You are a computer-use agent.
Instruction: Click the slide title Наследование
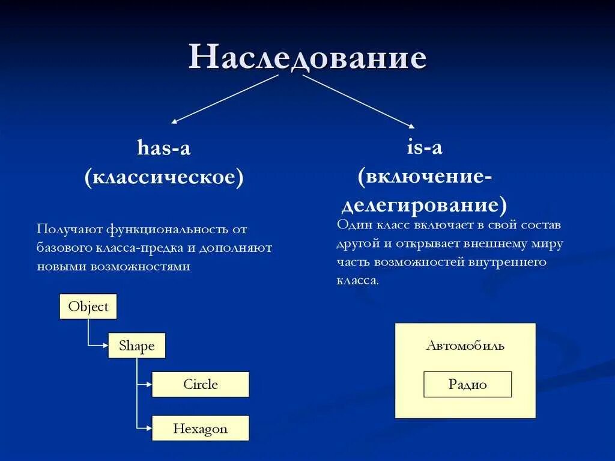(307, 58)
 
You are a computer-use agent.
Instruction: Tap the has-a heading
(163, 148)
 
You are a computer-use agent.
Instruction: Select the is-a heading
(425, 147)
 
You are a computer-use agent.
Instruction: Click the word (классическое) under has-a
(164, 178)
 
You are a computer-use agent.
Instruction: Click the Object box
(88, 307)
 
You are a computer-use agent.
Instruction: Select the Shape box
(136, 346)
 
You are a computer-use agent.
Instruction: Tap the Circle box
(200, 384)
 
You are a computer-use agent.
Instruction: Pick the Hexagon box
(200, 429)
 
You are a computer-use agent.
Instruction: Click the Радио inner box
(467, 385)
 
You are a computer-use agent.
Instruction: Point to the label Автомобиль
(465, 346)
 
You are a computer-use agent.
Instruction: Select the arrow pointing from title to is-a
(359, 102)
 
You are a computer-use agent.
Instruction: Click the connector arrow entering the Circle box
(145, 384)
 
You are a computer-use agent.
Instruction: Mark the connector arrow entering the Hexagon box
(145, 428)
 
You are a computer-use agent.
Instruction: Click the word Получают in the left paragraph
(69, 229)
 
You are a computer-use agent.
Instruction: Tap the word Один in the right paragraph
(355, 225)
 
